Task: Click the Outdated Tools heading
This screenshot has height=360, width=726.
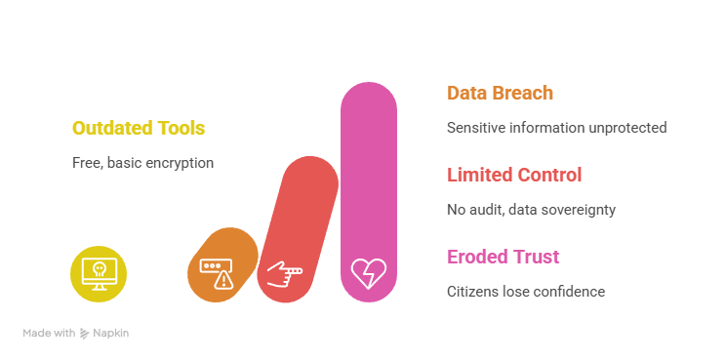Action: coord(139,128)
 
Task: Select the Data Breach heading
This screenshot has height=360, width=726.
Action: coord(500,94)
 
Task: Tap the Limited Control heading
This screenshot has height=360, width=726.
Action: coord(514,176)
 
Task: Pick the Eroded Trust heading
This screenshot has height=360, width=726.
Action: coord(504,258)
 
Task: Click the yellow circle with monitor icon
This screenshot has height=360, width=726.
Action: coord(99,273)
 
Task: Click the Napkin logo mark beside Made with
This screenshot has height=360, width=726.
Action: coord(84,334)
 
